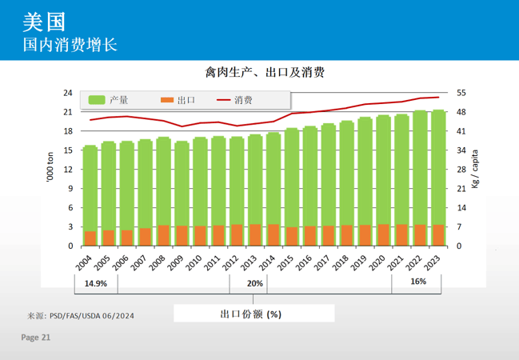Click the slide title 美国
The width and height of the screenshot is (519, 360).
[x=45, y=20]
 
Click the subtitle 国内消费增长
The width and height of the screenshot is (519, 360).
[x=70, y=43]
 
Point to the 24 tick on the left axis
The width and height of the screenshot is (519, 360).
[x=68, y=93]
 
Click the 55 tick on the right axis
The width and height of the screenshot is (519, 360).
[x=461, y=93]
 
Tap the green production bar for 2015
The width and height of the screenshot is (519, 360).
[x=292, y=176]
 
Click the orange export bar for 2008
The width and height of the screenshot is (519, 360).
[x=163, y=235]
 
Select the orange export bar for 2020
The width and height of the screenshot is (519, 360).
[x=383, y=235]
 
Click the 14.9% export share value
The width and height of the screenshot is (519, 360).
[x=96, y=282]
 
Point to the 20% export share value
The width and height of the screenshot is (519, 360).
[x=255, y=283]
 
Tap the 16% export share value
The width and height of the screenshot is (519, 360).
[x=418, y=282]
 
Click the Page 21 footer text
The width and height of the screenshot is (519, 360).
[x=36, y=338]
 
